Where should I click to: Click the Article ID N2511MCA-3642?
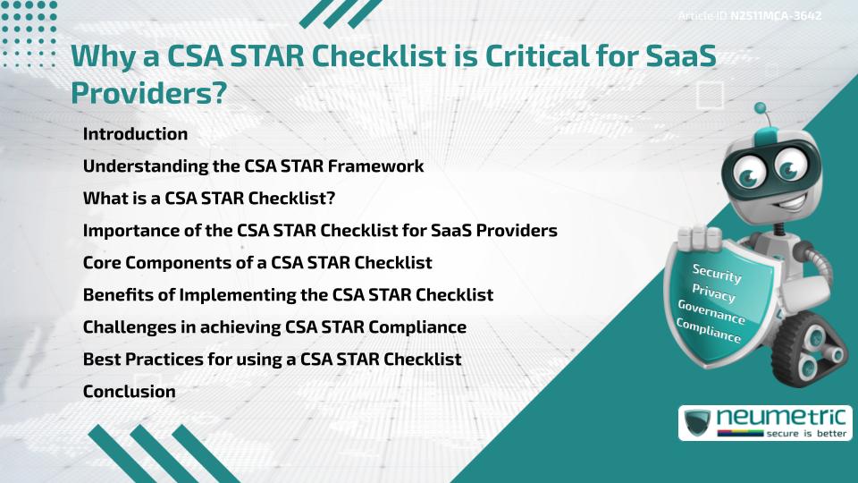coord(761,16)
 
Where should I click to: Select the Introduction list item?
coord(135,134)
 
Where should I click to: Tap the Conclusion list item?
coord(129,391)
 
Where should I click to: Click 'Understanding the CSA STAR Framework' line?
coord(253,166)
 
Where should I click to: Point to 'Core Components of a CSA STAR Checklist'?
coord(257,263)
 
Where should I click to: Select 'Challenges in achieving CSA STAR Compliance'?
coord(274,327)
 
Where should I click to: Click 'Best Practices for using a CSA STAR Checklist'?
coord(272,360)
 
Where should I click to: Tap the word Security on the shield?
coord(717,273)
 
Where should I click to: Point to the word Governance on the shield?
coord(711,314)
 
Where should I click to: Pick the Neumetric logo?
coord(764,422)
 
